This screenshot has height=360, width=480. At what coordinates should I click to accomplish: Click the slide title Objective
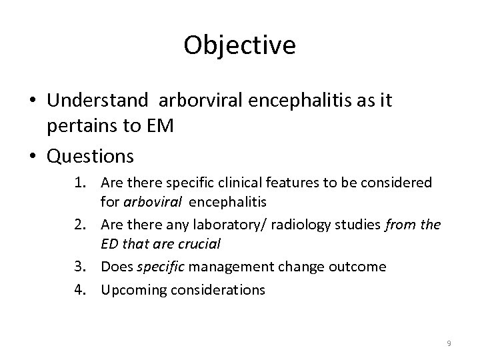coord(239,45)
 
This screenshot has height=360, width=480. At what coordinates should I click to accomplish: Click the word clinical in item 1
coord(254,182)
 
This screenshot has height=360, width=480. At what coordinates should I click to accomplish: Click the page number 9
coord(449,343)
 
